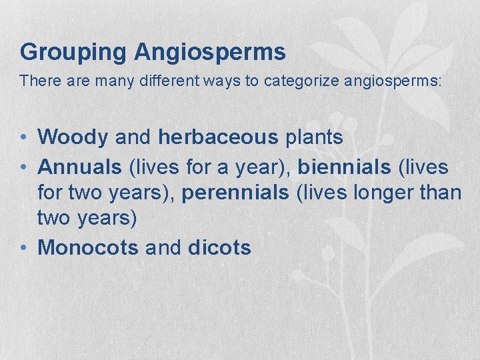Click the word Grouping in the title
[x=72, y=52]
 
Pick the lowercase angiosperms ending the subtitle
[x=393, y=81]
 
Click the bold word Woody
[x=73, y=137]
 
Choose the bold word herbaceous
[x=217, y=137]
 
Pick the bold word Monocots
[x=88, y=248]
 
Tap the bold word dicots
[x=219, y=248]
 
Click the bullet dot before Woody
[x=23, y=138]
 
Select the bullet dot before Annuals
[x=23, y=166]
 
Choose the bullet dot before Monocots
[x=23, y=249]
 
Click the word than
[x=441, y=193]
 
